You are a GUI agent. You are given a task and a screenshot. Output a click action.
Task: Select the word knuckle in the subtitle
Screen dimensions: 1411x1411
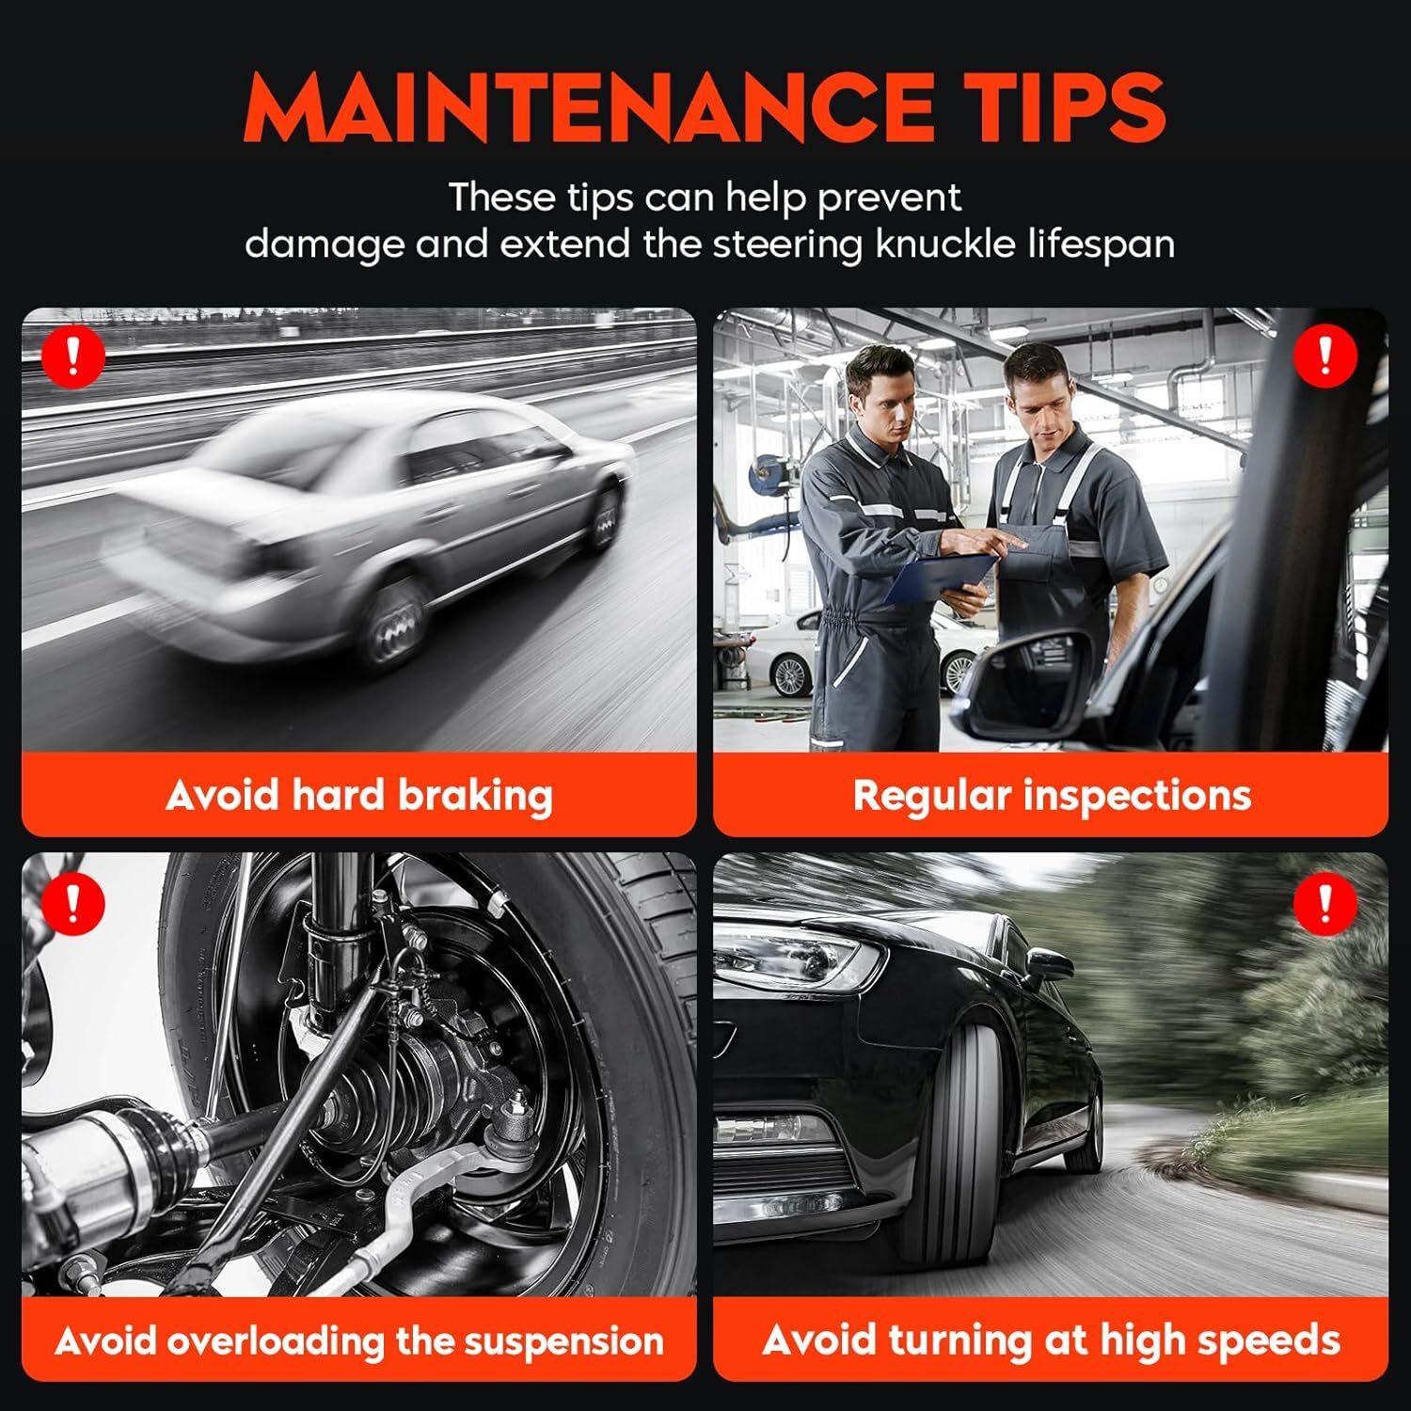(x=955, y=244)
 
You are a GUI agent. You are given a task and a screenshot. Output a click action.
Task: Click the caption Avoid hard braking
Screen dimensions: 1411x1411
(x=359, y=796)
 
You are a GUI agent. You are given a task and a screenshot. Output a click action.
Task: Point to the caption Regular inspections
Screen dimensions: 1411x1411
(x=1052, y=796)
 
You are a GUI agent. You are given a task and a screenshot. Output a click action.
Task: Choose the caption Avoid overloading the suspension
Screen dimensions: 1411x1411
(x=359, y=1340)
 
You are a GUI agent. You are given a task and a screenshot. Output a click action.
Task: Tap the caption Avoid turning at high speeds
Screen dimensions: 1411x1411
(x=1051, y=1340)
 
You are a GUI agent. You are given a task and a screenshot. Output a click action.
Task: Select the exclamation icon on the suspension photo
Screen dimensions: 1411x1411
(x=72, y=901)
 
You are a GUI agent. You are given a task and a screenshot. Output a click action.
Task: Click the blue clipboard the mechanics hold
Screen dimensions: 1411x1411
(x=941, y=576)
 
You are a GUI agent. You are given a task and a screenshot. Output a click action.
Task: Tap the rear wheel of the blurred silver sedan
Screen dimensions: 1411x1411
(x=396, y=622)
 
